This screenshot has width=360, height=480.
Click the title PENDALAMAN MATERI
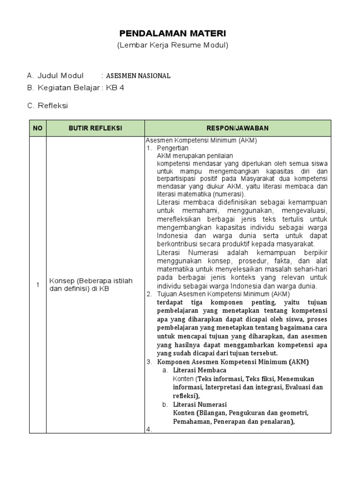[172, 33]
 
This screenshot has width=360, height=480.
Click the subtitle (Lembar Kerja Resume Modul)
[172, 45]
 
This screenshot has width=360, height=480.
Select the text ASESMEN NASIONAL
[138, 75]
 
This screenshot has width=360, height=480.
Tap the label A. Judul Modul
[55, 75]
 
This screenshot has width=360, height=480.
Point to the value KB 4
[115, 88]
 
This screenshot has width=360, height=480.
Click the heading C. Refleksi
[47, 105]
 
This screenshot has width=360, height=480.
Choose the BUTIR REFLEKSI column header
[95, 128]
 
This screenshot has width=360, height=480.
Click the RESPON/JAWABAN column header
[238, 128]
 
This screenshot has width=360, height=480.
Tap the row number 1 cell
[37, 285]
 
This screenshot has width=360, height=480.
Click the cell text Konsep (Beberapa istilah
[91, 281]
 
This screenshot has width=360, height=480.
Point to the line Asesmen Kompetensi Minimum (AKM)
[201, 141]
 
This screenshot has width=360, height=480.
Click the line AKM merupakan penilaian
[195, 156]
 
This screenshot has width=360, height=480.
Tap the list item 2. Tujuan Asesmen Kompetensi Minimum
[218, 294]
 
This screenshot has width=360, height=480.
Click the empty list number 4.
[150, 429]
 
